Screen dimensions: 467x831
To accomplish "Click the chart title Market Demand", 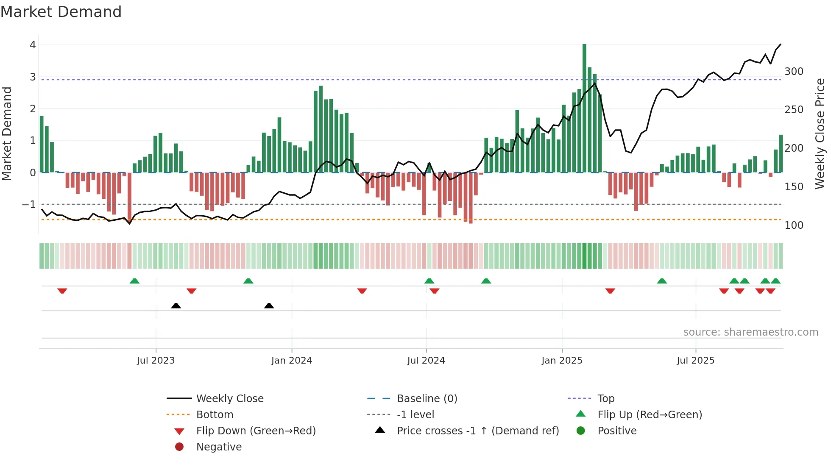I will [x=61, y=11].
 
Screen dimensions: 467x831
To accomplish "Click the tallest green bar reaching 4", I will [x=584, y=106].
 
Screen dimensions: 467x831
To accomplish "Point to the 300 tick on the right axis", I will [x=794, y=72].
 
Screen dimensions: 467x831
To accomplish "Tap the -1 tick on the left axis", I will [x=29, y=205].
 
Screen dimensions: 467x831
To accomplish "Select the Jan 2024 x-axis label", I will [x=291, y=361].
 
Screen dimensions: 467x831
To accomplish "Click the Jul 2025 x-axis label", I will [x=695, y=361].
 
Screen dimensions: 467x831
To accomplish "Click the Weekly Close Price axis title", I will [x=820, y=133].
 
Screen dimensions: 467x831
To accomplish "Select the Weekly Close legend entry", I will [x=229, y=399].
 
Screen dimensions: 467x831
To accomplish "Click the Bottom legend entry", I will [x=215, y=415].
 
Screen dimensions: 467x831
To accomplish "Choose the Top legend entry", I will [x=606, y=399].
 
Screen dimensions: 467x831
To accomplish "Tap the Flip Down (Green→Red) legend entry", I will [x=256, y=431].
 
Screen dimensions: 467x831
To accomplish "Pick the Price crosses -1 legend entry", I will [x=477, y=431].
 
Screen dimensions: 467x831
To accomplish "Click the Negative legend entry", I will [x=219, y=447].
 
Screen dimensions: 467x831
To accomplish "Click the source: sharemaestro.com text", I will [x=750, y=332].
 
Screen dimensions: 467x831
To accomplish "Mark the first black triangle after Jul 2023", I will [x=176, y=306].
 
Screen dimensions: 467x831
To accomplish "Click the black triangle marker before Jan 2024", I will [x=269, y=306].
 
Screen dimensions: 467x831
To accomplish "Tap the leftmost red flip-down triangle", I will [x=62, y=291].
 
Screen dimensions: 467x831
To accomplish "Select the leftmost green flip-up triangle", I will [x=134, y=281].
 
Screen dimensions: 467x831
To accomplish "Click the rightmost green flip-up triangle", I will [x=775, y=281].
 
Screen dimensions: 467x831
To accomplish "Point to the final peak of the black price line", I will [x=780, y=44].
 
